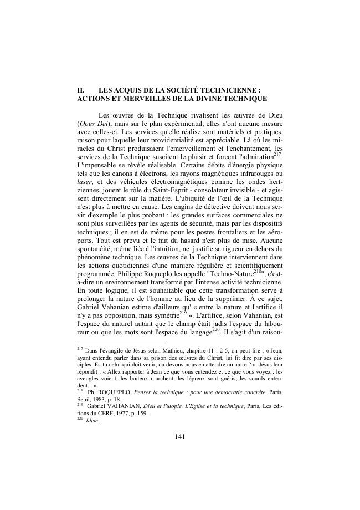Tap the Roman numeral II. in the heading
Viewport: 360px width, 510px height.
click(80, 89)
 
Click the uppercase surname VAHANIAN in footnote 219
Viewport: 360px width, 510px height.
click(125, 406)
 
